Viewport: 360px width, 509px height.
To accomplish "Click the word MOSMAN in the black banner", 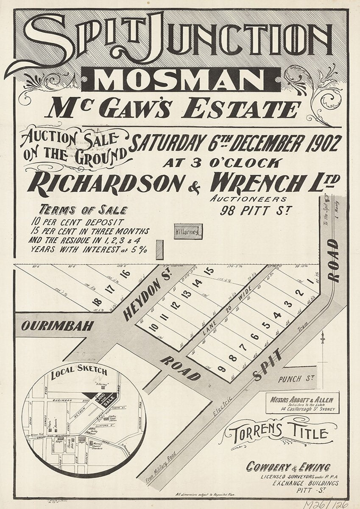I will point(180,80).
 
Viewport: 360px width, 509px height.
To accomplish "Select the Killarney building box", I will point(188,232).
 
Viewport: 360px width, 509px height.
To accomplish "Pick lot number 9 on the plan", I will point(221,368).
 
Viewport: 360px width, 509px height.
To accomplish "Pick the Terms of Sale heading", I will point(83,210).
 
